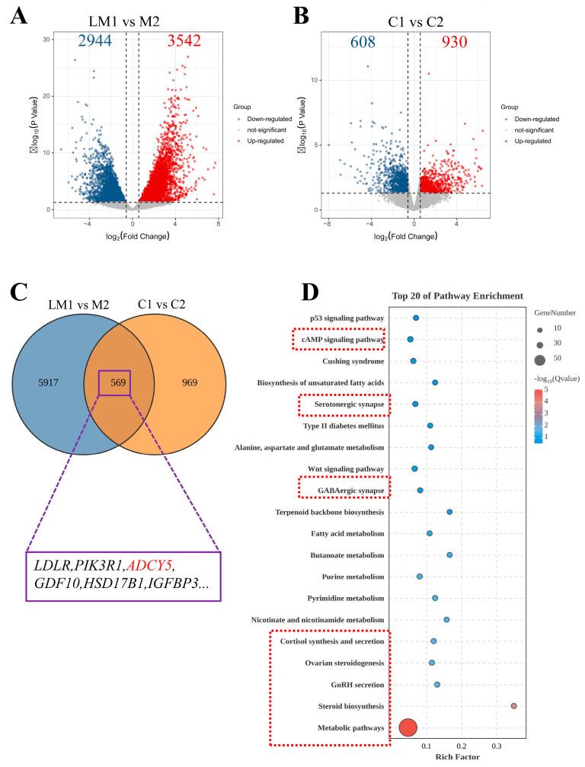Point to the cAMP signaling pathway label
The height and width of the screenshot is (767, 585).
340,339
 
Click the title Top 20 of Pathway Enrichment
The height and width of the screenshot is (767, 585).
457,296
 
